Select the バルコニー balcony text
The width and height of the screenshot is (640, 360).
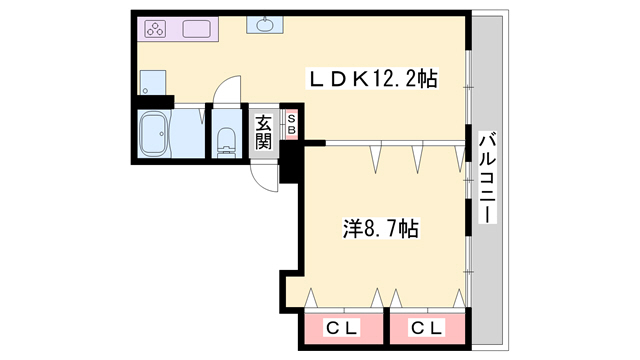click(487, 177)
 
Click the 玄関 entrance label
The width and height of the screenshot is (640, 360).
click(263, 132)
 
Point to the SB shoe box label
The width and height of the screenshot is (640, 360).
click(291, 123)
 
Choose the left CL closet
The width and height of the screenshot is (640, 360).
click(343, 327)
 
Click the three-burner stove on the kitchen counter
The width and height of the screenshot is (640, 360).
click(157, 29)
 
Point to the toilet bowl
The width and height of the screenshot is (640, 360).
click(225, 142)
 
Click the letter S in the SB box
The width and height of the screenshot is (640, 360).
click(291, 118)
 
